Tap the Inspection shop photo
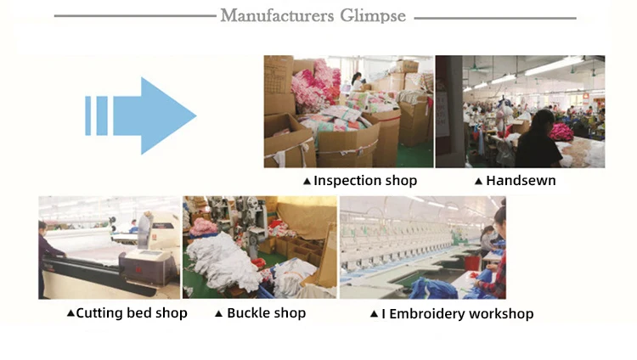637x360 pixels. tap(348, 111)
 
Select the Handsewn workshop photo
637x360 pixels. tap(520, 111)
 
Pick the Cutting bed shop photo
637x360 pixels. tap(109, 247)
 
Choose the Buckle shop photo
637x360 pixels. tap(260, 247)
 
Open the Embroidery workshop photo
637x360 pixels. tap(422, 247)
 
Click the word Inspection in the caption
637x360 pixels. tap(347, 181)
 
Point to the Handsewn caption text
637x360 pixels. tap(521, 181)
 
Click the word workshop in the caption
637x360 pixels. tap(505, 314)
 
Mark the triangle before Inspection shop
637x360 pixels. tap(307, 182)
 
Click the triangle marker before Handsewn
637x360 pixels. tap(478, 182)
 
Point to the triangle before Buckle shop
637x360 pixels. tap(218, 314)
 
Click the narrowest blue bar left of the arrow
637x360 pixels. tap(87, 115)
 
